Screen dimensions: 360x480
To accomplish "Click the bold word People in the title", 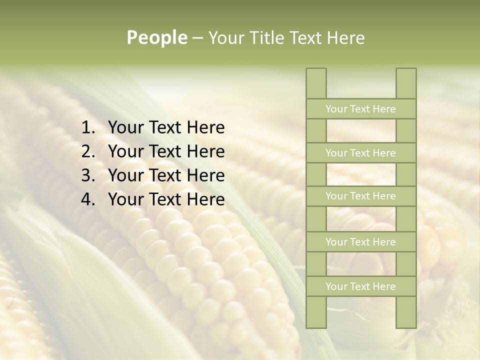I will (157, 37).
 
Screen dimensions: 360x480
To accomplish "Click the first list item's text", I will (166, 128).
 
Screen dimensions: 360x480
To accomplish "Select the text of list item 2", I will (166, 151).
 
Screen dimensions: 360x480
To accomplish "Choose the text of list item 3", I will (166, 175).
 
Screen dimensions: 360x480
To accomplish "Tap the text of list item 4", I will (166, 199).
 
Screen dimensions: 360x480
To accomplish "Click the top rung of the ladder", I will (361, 109).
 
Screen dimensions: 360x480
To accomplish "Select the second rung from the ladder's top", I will (361, 153).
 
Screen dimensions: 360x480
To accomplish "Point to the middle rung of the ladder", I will (361, 196).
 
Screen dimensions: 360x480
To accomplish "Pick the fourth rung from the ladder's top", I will (361, 242).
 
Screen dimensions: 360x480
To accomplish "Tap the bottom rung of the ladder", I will (361, 286).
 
